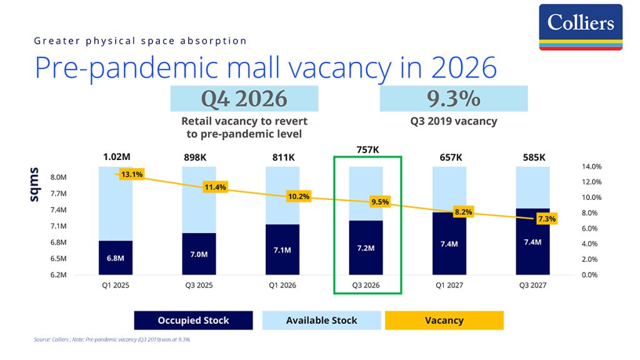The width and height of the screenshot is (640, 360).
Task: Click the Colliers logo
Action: coord(581,27)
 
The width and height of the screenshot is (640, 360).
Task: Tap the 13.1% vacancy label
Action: coord(132,174)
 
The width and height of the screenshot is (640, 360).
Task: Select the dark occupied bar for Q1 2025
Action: coord(116,257)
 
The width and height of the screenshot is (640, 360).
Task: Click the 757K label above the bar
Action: coord(367,150)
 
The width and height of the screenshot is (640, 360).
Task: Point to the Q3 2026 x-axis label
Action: coord(366,285)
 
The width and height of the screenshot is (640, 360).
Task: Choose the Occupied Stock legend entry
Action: coord(194,321)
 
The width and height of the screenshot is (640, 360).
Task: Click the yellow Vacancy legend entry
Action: coord(444,321)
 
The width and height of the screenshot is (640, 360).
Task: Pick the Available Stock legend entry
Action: coord(322,321)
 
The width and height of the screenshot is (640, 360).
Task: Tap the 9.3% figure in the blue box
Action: coord(454,98)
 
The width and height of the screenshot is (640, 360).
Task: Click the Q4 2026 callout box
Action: coord(244,98)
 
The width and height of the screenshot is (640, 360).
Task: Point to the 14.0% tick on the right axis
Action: coord(591,166)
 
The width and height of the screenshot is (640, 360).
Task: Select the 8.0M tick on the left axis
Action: coord(58,177)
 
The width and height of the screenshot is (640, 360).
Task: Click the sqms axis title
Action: coord(34,184)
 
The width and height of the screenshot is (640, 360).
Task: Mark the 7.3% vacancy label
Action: coord(546,219)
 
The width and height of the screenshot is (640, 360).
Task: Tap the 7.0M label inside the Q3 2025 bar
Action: coord(199,254)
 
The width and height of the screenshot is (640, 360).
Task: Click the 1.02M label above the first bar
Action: coord(117,157)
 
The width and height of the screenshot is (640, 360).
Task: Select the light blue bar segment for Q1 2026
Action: coord(282,196)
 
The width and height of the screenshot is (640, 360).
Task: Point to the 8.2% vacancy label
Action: coord(463,212)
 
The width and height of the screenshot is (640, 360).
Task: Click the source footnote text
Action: coord(112,339)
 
